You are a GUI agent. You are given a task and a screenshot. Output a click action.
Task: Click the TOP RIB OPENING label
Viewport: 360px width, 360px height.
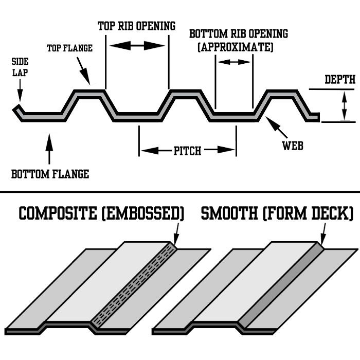point(136,26)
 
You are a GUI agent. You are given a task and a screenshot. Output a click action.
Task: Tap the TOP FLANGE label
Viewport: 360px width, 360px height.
point(69,48)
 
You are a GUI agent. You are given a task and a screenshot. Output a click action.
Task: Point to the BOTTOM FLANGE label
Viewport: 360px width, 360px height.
point(50,174)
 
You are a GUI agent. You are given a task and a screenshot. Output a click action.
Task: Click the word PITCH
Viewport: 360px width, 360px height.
point(187,151)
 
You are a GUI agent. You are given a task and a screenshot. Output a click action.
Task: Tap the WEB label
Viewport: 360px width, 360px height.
point(293,146)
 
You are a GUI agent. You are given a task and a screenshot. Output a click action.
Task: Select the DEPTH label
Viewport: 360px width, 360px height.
point(340,80)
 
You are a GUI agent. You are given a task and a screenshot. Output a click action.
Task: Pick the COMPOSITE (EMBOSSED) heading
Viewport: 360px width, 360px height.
point(101,213)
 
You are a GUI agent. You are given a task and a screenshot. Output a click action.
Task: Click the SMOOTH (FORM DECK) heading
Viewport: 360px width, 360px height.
point(277,213)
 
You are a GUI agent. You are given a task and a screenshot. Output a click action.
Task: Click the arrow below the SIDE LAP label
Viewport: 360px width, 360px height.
point(19,93)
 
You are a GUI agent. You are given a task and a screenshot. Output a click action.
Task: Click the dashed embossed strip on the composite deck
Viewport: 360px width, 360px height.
point(136,286)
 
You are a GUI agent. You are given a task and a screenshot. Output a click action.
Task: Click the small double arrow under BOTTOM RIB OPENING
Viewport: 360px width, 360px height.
point(235,62)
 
